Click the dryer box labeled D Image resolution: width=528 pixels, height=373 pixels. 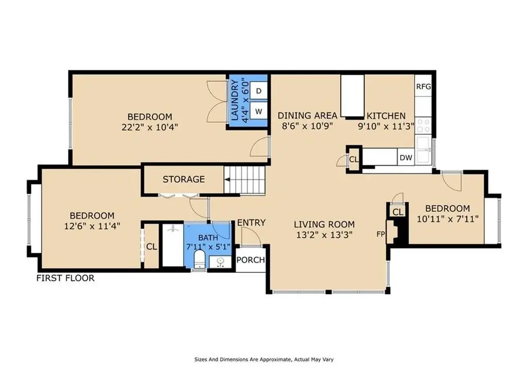click(259, 91)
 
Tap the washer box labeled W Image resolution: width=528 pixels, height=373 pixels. click(259, 111)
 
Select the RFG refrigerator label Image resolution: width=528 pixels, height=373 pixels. click(423, 87)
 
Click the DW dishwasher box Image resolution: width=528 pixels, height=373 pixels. click(406, 157)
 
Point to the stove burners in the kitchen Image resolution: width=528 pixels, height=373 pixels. click(423, 126)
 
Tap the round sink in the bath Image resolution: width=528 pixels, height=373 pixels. click(221, 262)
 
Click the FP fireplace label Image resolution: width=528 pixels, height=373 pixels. click(380, 234)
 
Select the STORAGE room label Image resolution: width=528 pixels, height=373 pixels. click(184, 179)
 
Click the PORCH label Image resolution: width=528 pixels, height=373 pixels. click(251, 260)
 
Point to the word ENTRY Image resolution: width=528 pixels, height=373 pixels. click(251, 222)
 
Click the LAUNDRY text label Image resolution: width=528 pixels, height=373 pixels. click(235, 100)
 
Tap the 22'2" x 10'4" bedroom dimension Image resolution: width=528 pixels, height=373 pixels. click(150, 127)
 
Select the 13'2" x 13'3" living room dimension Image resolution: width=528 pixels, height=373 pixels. click(324, 235)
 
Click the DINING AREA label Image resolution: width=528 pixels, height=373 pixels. click(307, 116)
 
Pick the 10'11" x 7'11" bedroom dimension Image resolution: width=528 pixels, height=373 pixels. click(448, 219)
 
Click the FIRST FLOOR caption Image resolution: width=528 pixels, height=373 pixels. click(65, 278)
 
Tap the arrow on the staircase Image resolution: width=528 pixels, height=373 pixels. click(227, 180)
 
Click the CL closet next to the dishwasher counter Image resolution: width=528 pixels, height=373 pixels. click(354, 159)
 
